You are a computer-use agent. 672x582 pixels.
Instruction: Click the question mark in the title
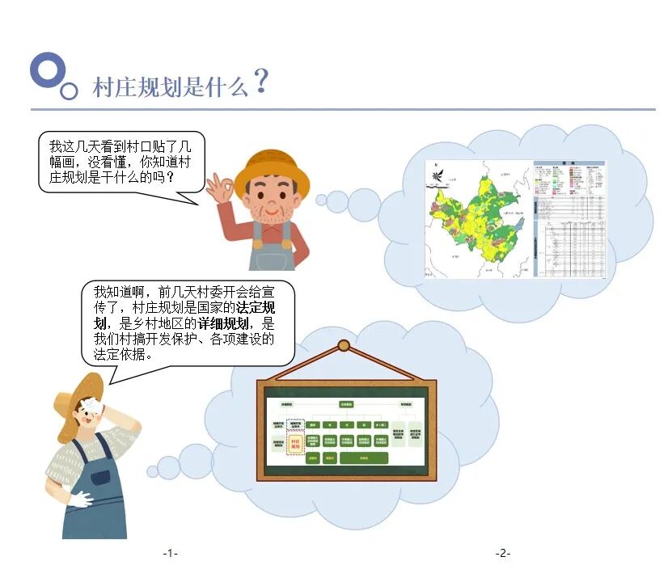pos(260,81)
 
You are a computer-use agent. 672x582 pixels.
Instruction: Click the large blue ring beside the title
pos(46,70)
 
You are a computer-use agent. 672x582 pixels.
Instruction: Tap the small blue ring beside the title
pos(70,91)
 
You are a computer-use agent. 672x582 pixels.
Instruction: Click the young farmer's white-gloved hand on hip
pos(81,500)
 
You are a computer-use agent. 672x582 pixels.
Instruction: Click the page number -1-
pos(170,553)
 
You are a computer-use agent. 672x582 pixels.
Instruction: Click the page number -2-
pos(503,553)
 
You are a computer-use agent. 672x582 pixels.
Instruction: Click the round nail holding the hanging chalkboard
pos(344,346)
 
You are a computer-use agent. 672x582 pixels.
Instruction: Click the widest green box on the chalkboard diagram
pos(363,458)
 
